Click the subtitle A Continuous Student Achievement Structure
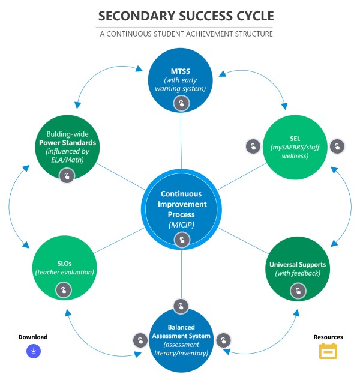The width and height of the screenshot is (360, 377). (x=186, y=34)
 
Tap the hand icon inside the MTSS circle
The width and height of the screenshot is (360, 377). (x=181, y=104)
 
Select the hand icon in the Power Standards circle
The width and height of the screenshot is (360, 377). (x=67, y=175)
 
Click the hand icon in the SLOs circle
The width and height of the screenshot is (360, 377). (x=64, y=291)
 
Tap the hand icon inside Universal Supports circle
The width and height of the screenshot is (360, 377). (x=297, y=291)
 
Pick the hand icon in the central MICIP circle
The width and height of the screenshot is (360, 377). (x=181, y=240)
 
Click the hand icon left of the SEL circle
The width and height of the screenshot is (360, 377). (x=253, y=146)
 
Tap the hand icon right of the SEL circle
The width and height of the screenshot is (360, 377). (x=337, y=146)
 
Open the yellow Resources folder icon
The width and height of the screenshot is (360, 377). (x=328, y=351)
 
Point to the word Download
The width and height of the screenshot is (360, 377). (x=33, y=337)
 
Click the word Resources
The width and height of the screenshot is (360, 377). (x=328, y=337)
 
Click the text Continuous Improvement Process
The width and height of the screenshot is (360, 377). (x=181, y=203)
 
